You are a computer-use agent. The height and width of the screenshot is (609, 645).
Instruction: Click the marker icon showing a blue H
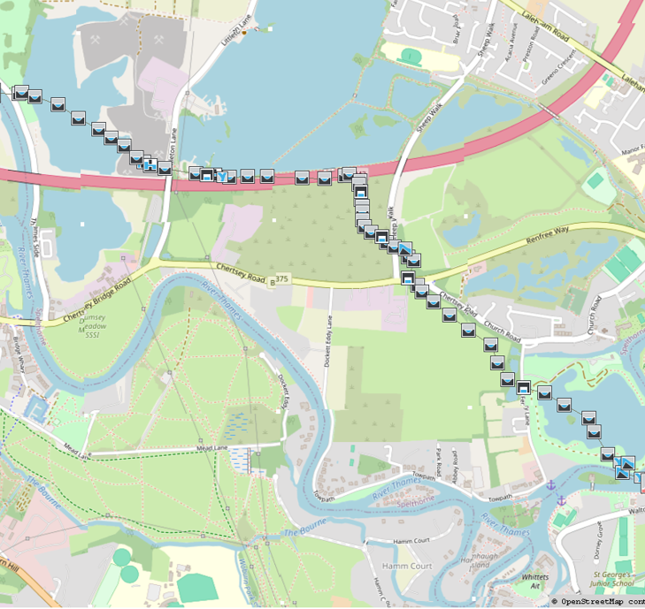click(x=150, y=164)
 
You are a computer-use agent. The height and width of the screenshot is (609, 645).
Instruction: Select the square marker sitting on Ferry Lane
click(x=524, y=387)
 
